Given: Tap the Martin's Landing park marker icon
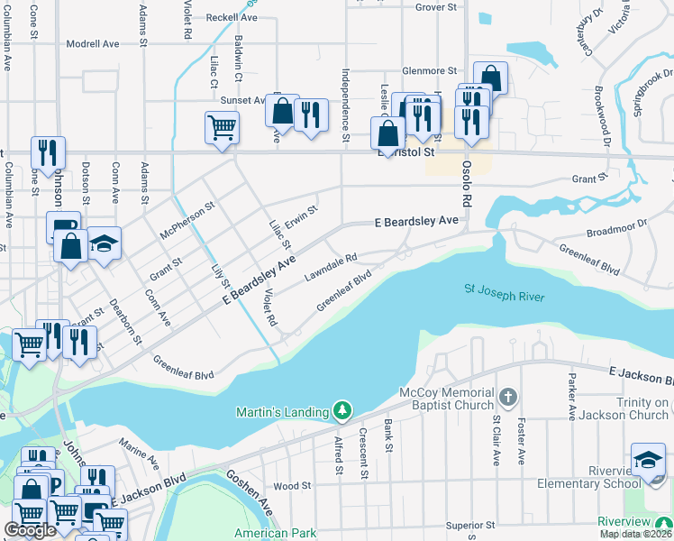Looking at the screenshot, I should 342,411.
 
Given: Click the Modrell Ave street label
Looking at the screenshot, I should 92,43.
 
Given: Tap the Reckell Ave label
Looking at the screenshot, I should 232,17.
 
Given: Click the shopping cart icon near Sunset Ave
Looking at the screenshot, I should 222,126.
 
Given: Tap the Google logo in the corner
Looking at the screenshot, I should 30,530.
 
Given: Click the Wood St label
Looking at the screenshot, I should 292,485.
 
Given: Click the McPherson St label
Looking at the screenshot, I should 187,219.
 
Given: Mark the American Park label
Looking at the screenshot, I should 275,533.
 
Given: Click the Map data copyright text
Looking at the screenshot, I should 635,534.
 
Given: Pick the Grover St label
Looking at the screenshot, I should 437,7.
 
